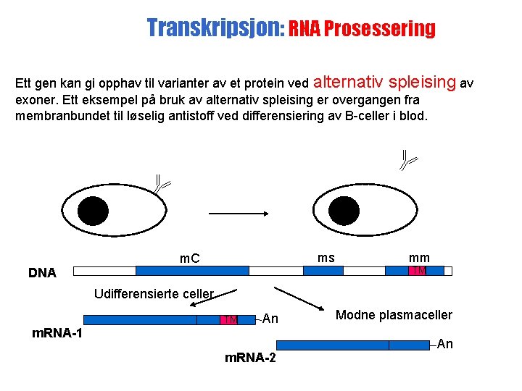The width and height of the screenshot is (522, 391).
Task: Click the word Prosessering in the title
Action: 381,30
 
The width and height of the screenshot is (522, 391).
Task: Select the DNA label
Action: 42,273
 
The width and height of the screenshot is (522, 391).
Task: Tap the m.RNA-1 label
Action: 58,334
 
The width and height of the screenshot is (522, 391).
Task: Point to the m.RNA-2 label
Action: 250,358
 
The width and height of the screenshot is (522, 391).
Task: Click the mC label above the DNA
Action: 190,258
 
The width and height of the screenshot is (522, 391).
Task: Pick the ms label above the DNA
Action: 326,258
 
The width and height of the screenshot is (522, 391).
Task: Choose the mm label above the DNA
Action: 419,258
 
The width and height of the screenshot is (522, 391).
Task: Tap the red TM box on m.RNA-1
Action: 229,319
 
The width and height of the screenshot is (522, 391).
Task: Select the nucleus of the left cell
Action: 93,211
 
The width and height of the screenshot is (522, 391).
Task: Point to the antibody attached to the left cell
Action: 160,184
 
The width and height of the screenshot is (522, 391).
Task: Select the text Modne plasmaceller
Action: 394,315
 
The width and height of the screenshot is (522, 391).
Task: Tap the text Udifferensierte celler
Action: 154,294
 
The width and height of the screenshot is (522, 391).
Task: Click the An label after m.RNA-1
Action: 270,318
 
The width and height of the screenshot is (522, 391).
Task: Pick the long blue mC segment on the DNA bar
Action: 192,271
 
